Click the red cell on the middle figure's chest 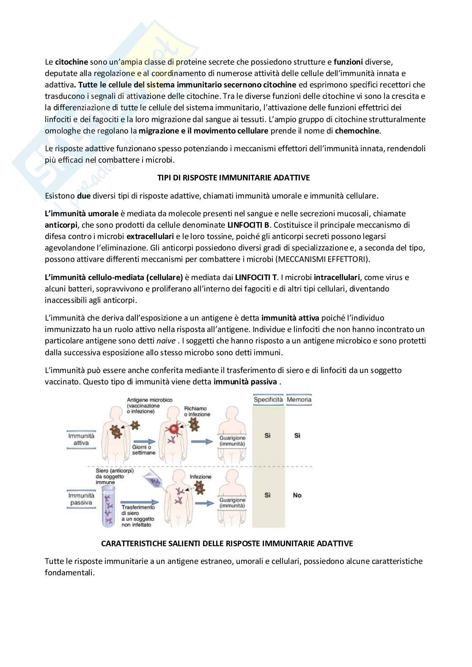tap(173, 430)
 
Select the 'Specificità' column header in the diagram tap(268, 399)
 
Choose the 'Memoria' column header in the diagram tap(299, 399)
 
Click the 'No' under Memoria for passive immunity tap(297, 495)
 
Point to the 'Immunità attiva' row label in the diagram tap(81, 439)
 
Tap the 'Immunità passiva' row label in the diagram tap(81, 499)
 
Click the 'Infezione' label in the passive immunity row tap(200, 476)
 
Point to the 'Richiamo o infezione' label tap(197, 411)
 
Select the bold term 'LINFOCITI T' tap(255, 278)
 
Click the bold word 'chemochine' tap(357, 131)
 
